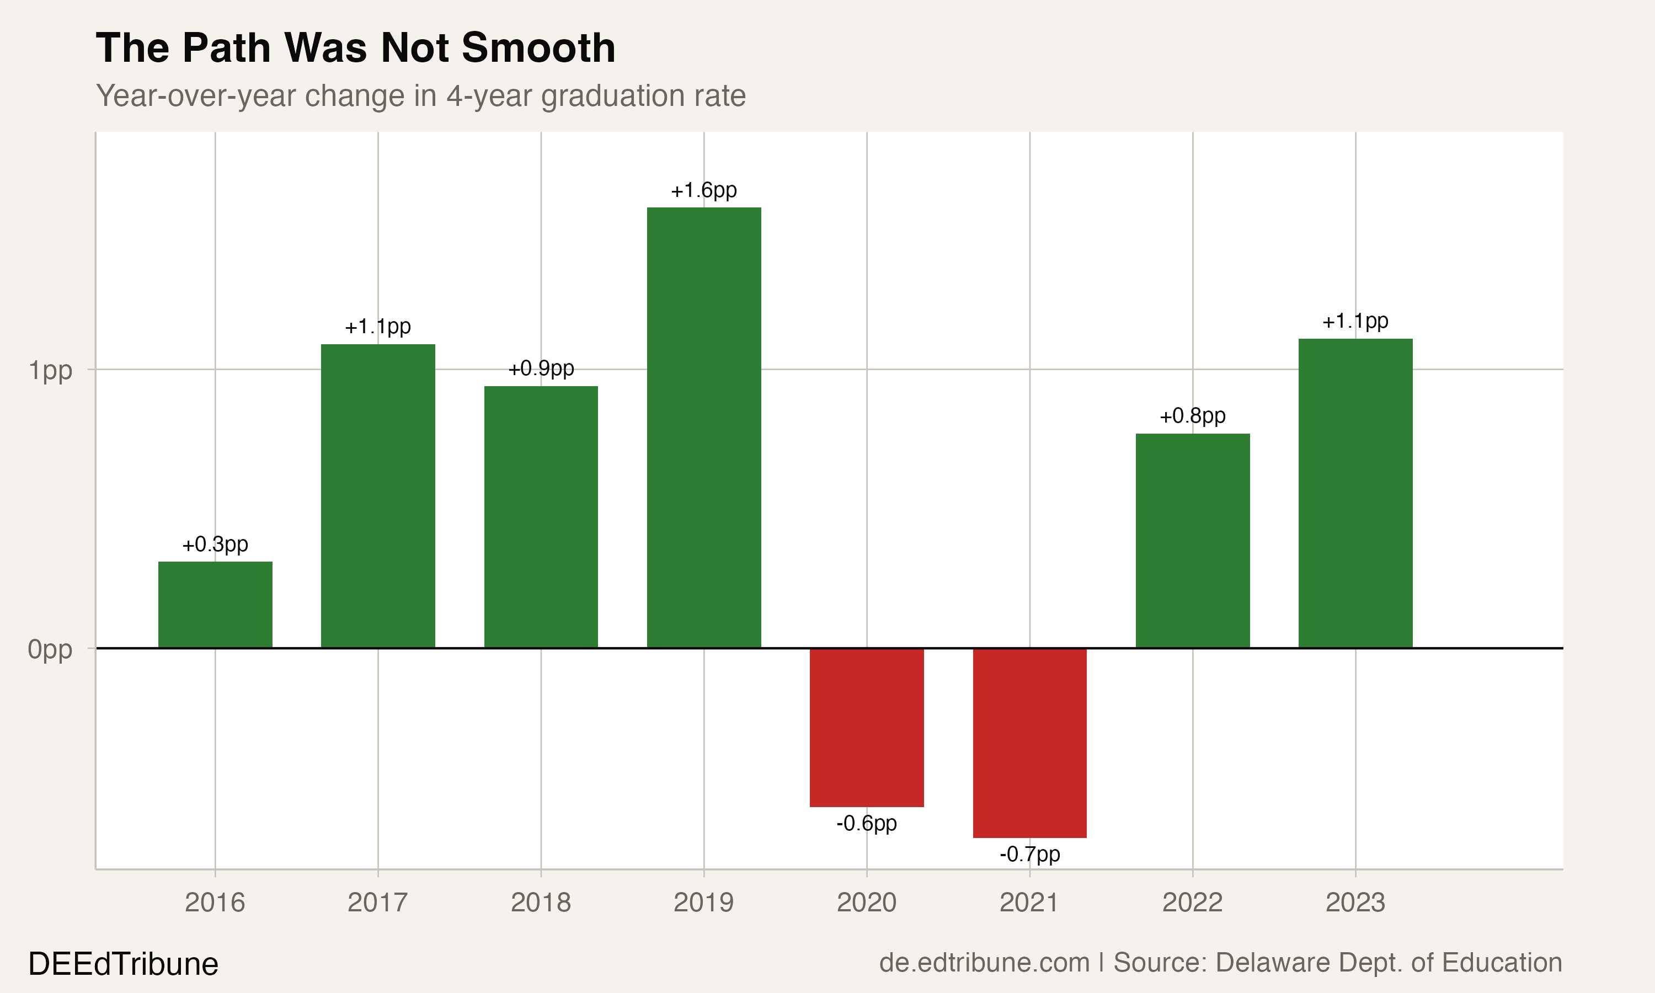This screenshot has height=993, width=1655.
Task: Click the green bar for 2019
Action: point(704,428)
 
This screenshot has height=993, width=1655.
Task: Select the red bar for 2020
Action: point(866,727)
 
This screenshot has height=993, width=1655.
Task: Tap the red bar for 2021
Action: point(1029,743)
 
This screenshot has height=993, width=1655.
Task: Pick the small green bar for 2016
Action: point(215,605)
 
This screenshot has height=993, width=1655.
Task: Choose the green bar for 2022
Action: point(1192,541)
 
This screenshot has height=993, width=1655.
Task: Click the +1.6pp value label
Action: point(704,191)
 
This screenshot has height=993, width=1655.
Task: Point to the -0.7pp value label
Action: point(1029,855)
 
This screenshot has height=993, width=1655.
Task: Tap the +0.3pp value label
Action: point(215,544)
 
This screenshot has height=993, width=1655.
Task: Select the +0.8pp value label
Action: point(1192,416)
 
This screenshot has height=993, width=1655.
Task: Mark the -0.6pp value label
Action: point(866,823)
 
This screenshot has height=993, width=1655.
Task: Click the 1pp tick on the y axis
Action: point(50,370)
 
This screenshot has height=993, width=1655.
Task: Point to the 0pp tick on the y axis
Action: point(50,649)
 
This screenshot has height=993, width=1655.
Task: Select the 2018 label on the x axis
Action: point(541,903)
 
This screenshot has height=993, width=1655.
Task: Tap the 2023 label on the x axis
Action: point(1355,903)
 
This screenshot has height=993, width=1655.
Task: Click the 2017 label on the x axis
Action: point(377,903)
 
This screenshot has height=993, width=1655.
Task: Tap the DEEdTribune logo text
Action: point(123,964)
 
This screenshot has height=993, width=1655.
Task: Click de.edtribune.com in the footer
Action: point(984,963)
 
